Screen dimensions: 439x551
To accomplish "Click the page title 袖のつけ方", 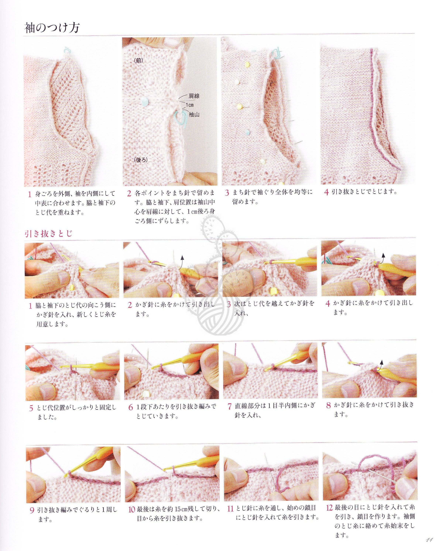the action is [52, 28].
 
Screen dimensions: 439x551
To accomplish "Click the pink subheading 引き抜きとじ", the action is [49, 233].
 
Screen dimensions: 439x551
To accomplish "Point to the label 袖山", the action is [194, 115].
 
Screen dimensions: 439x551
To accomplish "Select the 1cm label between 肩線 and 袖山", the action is [190, 105].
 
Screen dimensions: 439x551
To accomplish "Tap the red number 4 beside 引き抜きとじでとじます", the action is [327, 192].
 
